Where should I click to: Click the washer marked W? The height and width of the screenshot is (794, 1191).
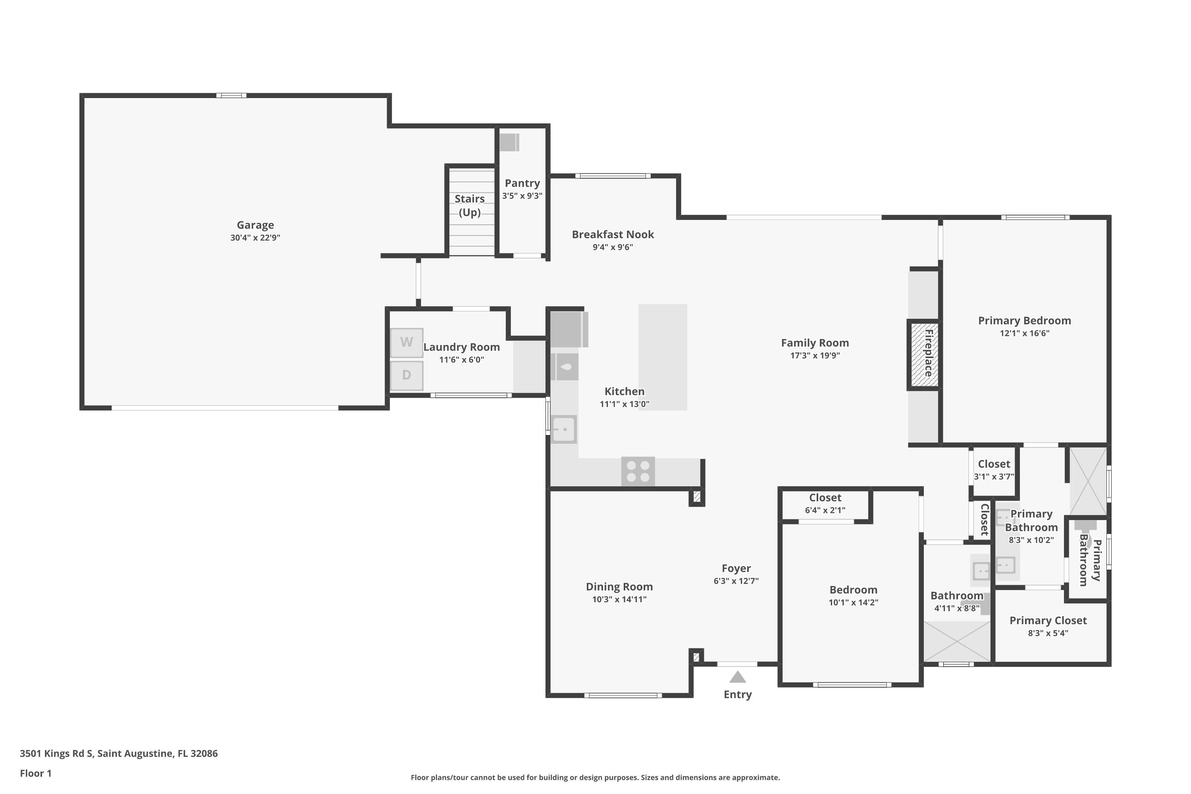(407, 343)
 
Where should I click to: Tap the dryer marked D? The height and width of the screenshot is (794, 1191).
(407, 376)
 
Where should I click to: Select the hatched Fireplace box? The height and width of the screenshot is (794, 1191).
(924, 355)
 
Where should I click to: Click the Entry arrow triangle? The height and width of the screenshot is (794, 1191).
(737, 676)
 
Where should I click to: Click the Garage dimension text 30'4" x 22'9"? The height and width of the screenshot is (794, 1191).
(255, 237)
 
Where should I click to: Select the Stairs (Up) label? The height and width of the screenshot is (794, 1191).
(469, 206)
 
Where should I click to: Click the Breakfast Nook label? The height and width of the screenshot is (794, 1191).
(613, 235)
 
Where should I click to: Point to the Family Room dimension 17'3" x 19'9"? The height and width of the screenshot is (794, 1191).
(815, 355)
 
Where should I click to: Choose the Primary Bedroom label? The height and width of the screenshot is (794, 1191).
(1024, 320)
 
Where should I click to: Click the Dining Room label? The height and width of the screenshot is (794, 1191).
(619, 586)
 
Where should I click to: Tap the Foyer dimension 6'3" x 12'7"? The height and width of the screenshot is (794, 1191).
(736, 581)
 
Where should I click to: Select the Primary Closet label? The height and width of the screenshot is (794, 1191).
(1048, 620)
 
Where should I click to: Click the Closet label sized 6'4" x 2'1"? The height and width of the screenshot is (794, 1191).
(825, 498)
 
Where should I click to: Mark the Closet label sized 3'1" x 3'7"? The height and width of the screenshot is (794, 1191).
(994, 464)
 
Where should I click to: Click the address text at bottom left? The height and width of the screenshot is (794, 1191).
(118, 754)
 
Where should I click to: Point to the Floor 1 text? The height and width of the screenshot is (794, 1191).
(35, 773)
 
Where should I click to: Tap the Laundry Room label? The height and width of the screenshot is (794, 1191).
(461, 347)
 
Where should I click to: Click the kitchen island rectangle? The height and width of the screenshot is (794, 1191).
(662, 357)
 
